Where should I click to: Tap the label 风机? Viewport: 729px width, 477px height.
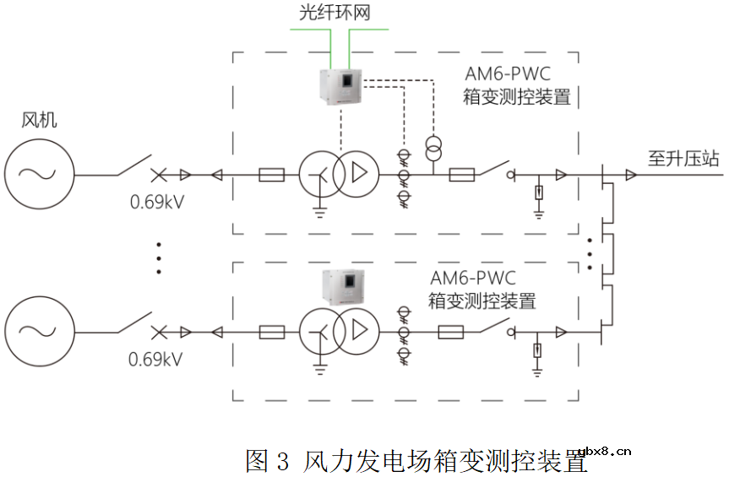[x=39, y=121]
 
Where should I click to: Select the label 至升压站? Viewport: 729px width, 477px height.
[x=683, y=157]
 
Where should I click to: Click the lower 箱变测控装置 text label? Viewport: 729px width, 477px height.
[x=482, y=300]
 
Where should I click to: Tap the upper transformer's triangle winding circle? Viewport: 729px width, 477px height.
[x=356, y=176]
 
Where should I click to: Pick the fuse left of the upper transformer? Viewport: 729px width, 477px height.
[x=271, y=176]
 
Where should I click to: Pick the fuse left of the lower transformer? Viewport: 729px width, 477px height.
[x=271, y=332]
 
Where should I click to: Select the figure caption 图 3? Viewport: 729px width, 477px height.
[x=267, y=461]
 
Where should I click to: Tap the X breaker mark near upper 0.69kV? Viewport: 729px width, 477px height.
[x=159, y=176]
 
